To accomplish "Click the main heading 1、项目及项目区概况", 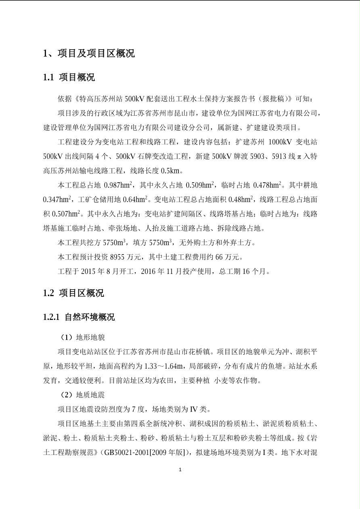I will tap(89, 53).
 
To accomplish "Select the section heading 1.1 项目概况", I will tap(69, 77).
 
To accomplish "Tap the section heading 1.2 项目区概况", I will tap(73, 293).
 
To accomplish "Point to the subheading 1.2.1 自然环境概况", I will tap(79, 317).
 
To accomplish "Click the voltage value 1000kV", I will tap(280, 142).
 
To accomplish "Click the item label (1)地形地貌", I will tap(82, 337).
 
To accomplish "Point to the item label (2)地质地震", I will tap(82, 395).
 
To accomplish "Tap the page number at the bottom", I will tap(180, 469).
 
